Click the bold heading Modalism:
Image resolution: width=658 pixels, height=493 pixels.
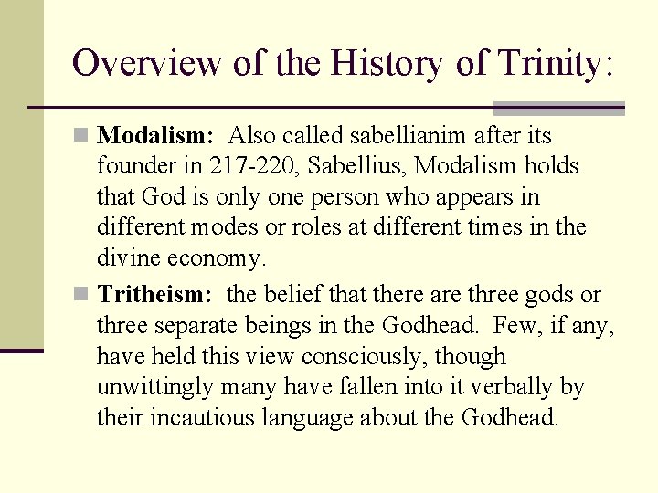pyautogui.click(x=155, y=136)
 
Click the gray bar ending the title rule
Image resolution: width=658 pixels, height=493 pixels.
pyautogui.click(x=558, y=108)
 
